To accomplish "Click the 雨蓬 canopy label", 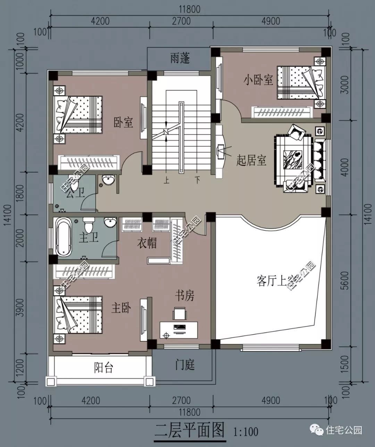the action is (x=180, y=58).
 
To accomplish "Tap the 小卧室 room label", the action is (x=258, y=80).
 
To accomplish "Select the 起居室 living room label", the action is (x=251, y=161).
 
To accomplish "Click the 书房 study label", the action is (x=185, y=296).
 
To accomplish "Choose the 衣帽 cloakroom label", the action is (x=147, y=243).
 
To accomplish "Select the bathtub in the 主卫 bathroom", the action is (x=64, y=237).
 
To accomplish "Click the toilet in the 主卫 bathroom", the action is (x=89, y=224).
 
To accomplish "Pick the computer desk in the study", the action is (x=178, y=330).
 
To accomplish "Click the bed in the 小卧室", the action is (x=301, y=83).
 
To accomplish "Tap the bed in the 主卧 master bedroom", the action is (x=78, y=315).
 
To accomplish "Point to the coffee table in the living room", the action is (x=292, y=159).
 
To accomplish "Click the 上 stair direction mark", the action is (x=166, y=180).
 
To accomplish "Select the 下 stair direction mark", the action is (x=197, y=180).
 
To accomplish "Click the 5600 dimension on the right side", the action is (x=345, y=280).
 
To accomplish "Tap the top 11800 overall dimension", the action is (x=190, y=9).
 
